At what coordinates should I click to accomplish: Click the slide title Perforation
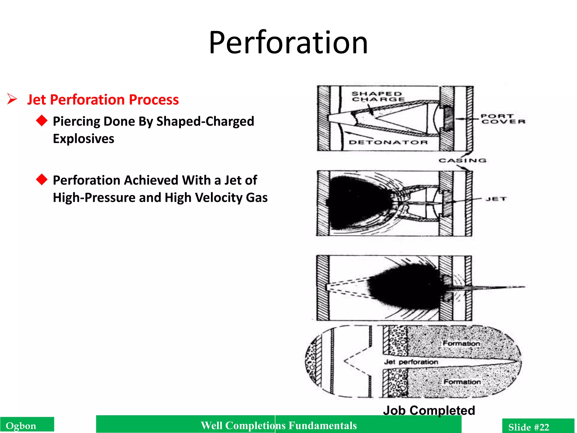point(288,43)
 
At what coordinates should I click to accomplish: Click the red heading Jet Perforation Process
point(103,100)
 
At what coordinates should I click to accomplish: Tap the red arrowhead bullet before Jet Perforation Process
point(12,99)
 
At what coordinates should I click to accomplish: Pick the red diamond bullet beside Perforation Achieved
point(42,179)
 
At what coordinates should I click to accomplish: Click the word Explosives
point(83,139)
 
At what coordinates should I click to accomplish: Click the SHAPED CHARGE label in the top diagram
point(378,96)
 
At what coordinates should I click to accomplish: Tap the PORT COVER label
point(503,119)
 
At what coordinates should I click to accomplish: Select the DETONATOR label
point(388,142)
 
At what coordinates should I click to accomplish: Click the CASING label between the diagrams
point(462,160)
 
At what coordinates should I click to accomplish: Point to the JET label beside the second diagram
point(496,199)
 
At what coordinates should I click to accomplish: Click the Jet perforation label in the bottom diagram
point(411,362)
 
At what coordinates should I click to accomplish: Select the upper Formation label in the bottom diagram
point(461,343)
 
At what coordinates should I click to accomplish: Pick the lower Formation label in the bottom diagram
point(462,382)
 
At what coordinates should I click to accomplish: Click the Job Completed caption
point(429,410)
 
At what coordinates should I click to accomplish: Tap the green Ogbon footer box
point(27,425)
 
